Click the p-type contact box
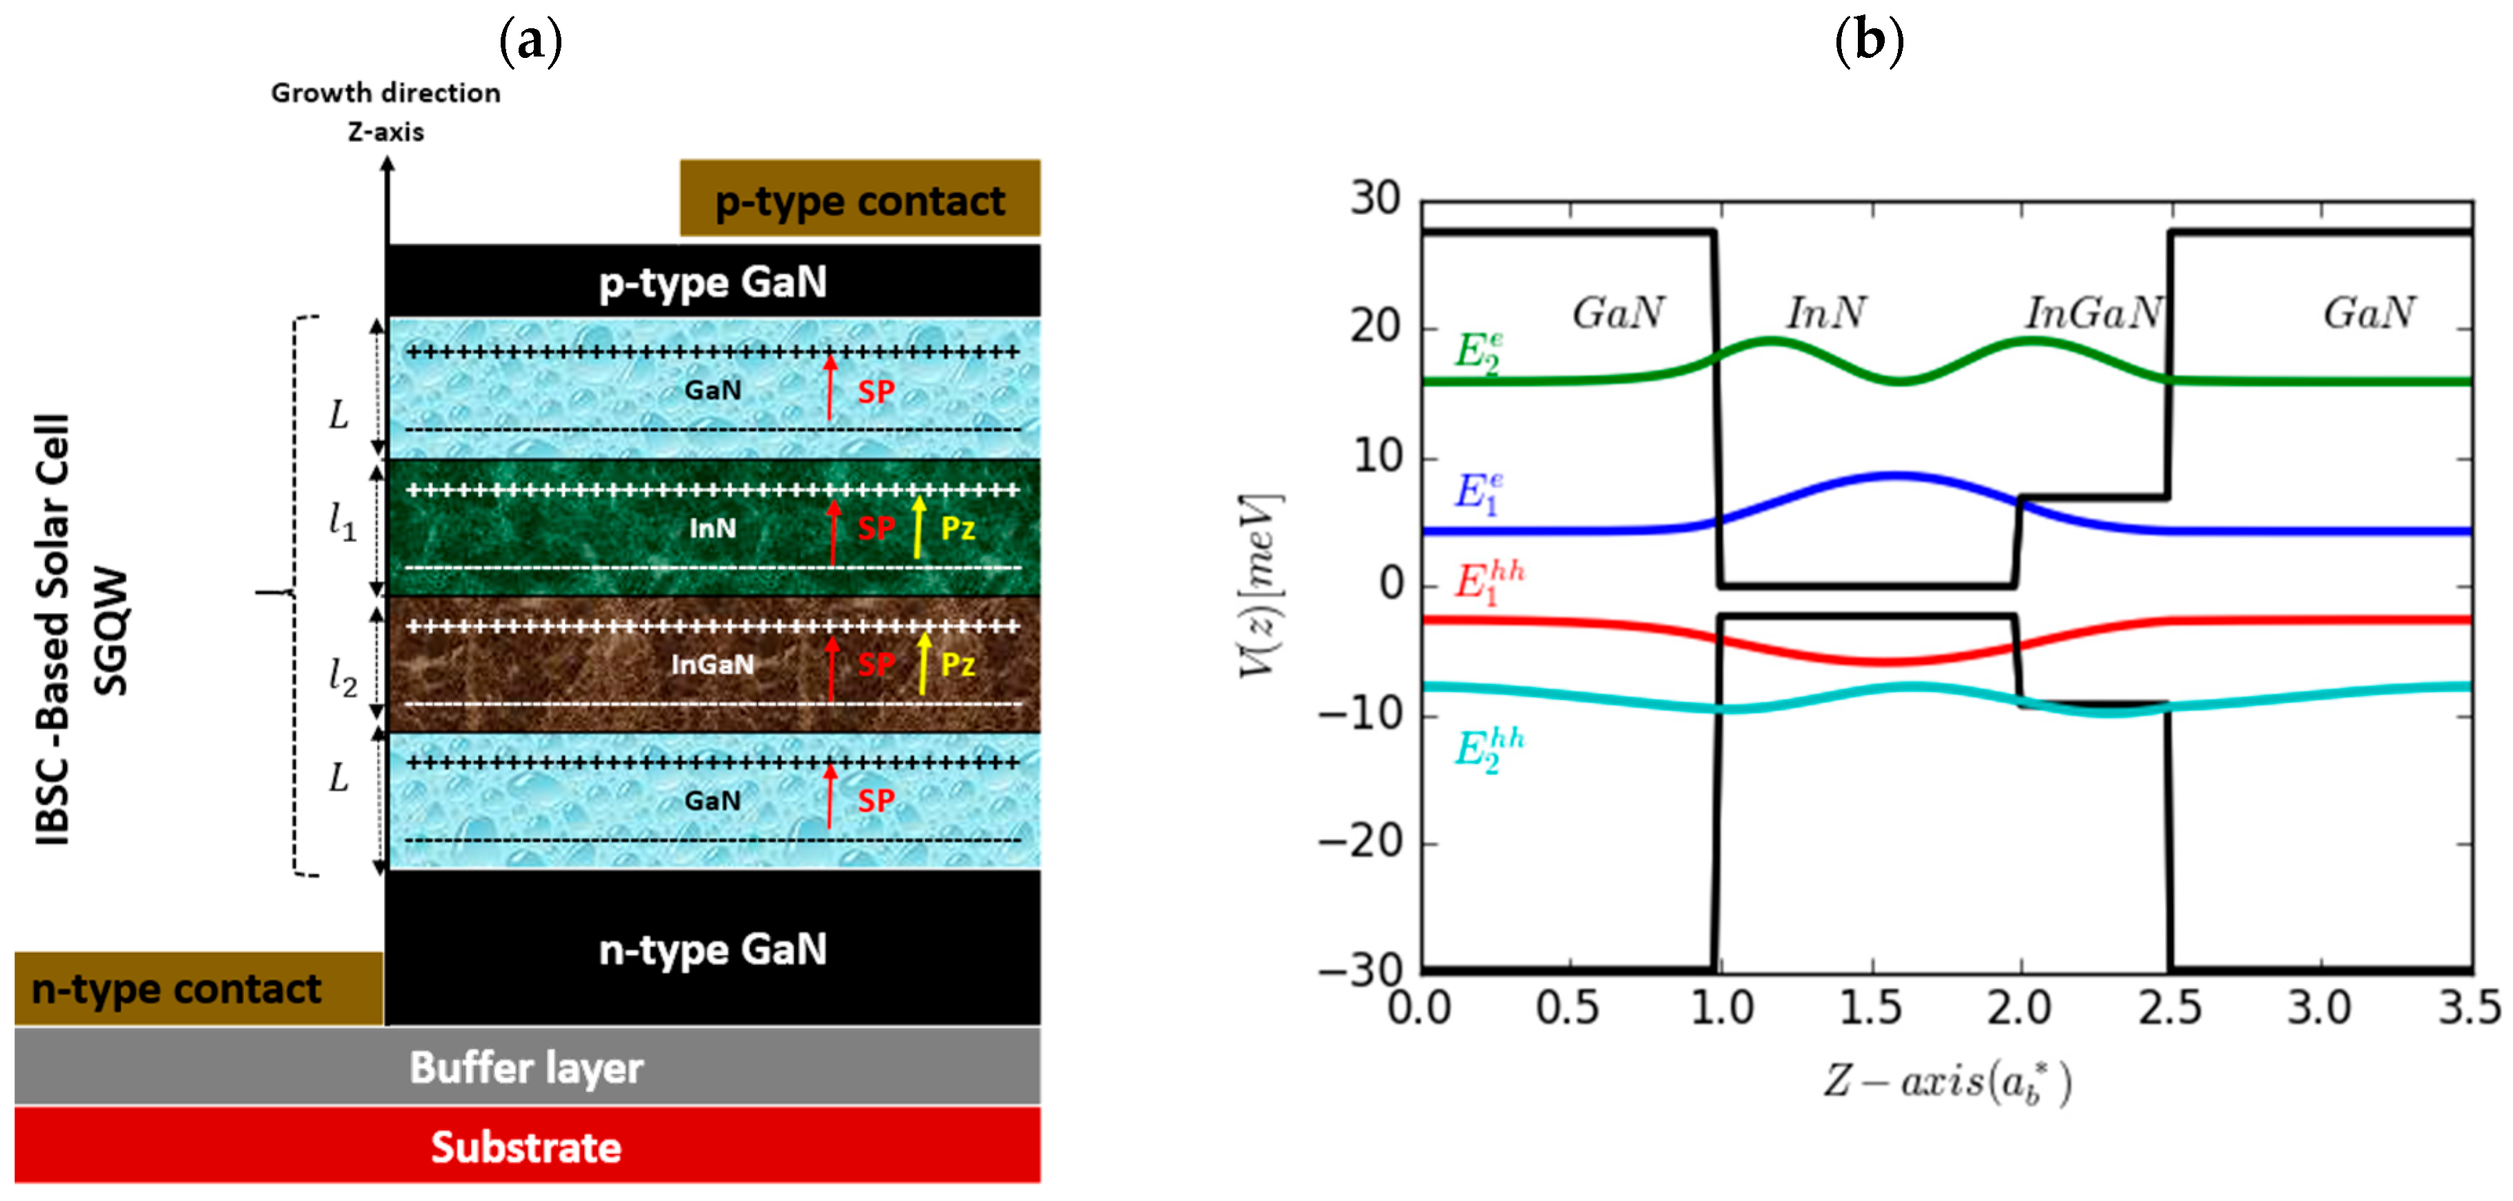[x=859, y=199]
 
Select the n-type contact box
[x=198, y=989]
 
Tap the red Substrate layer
[x=527, y=1147]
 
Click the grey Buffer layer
[x=527, y=1067]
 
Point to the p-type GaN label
[x=713, y=282]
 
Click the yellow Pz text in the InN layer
[x=957, y=528]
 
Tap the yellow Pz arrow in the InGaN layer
[x=923, y=663]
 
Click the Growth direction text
[x=386, y=92]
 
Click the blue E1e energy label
[x=1478, y=493]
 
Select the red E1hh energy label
[x=1488, y=583]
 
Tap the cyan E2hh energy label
[x=1488, y=749]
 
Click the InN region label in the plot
[x=1825, y=313]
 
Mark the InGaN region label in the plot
[x=2094, y=313]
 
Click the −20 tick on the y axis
[x=1361, y=842]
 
